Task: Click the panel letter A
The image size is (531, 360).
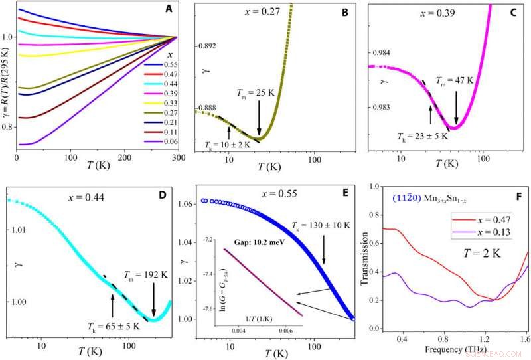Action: pos(167,9)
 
